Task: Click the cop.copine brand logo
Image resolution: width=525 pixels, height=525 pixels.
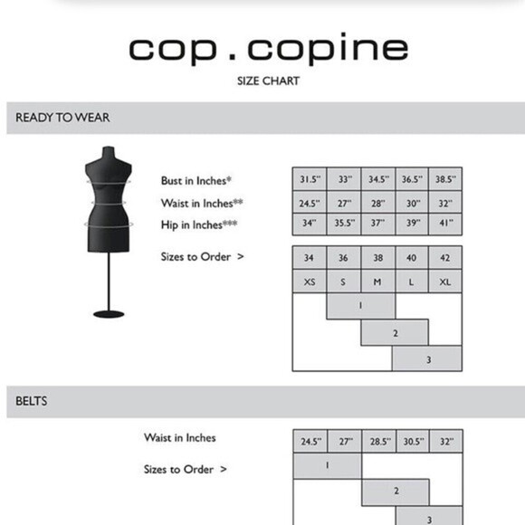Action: [x=267, y=49]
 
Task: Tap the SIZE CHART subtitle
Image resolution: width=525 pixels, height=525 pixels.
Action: [x=267, y=81]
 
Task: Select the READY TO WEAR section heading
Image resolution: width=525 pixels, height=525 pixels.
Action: [x=63, y=118]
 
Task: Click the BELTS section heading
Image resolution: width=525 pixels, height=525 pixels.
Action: [x=33, y=399]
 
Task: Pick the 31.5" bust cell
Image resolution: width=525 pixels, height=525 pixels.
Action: [x=309, y=179]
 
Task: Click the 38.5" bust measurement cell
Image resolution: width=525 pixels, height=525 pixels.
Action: [x=444, y=179]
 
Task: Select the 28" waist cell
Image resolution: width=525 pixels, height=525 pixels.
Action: [x=377, y=203]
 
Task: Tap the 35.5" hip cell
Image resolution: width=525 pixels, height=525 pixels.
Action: [x=343, y=224]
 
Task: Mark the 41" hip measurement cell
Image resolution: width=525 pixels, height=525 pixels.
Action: [x=444, y=224]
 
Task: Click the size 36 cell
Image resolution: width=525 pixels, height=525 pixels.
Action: [x=343, y=258]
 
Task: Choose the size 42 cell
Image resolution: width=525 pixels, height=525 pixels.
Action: [x=444, y=258]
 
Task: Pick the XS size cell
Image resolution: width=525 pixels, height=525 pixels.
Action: [x=309, y=282]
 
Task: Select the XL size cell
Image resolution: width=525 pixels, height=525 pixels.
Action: [x=444, y=282]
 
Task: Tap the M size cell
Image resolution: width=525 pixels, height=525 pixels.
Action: [x=377, y=282]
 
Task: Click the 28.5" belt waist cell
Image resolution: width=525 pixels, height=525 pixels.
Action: [x=377, y=442]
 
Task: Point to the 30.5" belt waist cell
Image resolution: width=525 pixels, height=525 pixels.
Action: [x=412, y=442]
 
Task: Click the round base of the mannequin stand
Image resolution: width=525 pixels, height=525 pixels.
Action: [x=109, y=313]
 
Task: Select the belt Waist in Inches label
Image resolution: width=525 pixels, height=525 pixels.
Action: [x=180, y=438]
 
